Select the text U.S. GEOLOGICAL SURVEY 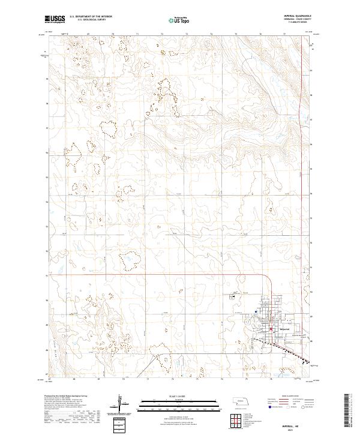[x=92, y=21]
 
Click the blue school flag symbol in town [x=256, y=312]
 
